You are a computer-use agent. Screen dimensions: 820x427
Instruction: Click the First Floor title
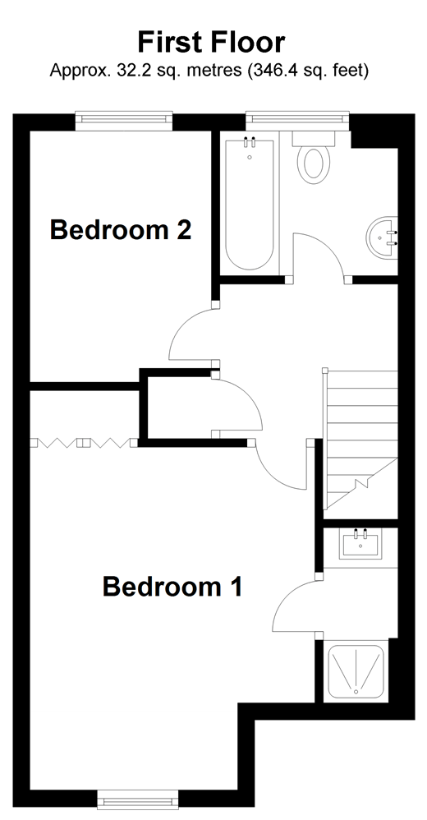click(x=211, y=42)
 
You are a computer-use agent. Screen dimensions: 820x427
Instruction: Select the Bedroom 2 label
click(x=121, y=230)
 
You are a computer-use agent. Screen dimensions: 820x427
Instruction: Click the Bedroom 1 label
click(x=172, y=587)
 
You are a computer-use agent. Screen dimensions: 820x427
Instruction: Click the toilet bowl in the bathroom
click(x=314, y=163)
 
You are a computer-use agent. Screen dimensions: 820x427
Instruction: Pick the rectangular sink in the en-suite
click(x=360, y=544)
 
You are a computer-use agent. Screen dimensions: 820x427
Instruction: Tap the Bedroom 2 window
click(x=125, y=121)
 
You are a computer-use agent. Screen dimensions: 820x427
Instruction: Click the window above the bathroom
click(x=297, y=121)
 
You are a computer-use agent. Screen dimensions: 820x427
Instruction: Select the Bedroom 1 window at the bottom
click(x=137, y=799)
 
